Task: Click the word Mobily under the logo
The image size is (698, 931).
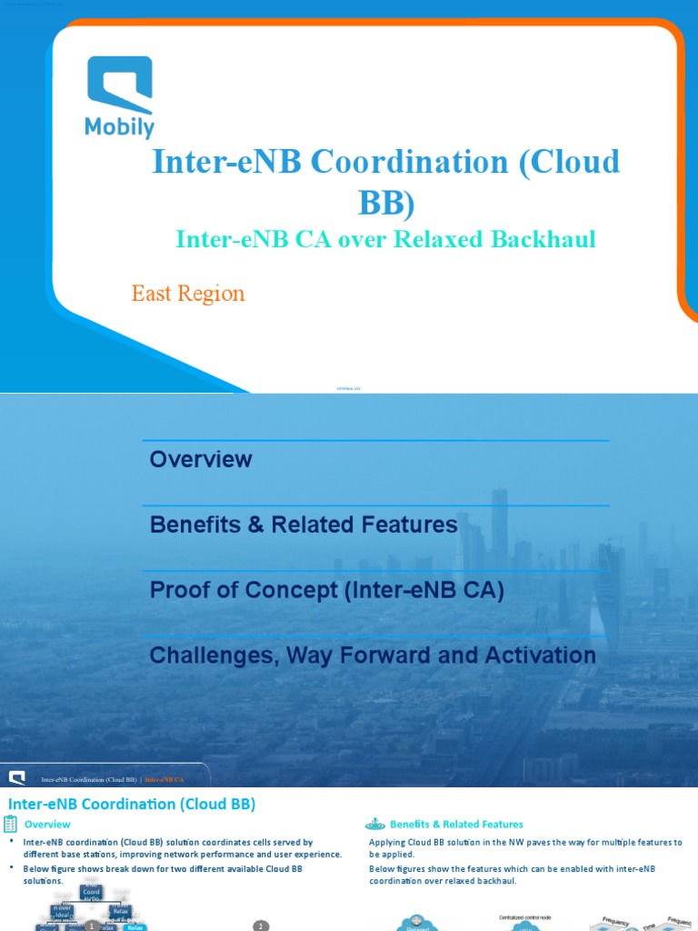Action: tap(119, 128)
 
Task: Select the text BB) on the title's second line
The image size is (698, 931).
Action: tap(385, 203)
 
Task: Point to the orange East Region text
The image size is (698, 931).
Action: tap(188, 294)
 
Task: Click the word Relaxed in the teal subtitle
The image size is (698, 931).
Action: tap(449, 239)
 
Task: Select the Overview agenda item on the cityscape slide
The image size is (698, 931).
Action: tap(201, 459)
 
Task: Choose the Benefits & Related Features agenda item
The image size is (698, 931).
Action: tap(304, 525)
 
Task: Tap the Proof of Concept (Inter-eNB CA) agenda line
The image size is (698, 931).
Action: tap(326, 590)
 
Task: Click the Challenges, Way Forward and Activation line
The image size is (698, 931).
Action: tap(373, 655)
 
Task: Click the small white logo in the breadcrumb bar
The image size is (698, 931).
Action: tap(16, 777)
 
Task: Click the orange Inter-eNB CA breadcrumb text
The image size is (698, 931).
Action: tap(165, 779)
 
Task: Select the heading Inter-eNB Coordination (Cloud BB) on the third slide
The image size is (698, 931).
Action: tap(132, 804)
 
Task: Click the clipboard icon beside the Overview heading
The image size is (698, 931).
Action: tap(11, 824)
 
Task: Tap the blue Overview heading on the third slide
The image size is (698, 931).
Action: tap(47, 825)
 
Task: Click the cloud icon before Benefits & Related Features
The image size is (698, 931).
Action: tap(375, 824)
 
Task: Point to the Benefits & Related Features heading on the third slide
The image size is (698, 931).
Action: tap(456, 825)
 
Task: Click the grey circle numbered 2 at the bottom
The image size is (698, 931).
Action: tap(261, 926)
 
